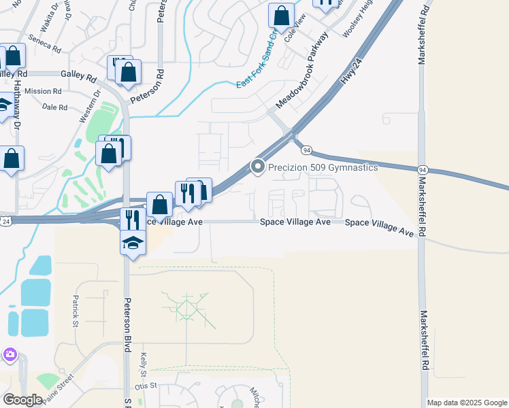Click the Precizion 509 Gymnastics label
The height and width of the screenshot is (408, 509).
(x=323, y=167)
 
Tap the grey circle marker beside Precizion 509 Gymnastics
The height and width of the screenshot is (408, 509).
(x=258, y=167)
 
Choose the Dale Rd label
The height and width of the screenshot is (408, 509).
(x=54, y=107)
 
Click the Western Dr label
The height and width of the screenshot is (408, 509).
(x=89, y=106)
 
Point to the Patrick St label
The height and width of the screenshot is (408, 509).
(x=76, y=310)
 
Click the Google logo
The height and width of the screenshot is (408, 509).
(x=22, y=400)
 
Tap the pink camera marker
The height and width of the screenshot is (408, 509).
(x=9, y=354)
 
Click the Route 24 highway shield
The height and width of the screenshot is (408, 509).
(x=6, y=222)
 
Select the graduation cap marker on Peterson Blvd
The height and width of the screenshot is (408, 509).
(x=133, y=243)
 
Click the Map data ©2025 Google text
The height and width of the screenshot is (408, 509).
(x=467, y=403)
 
